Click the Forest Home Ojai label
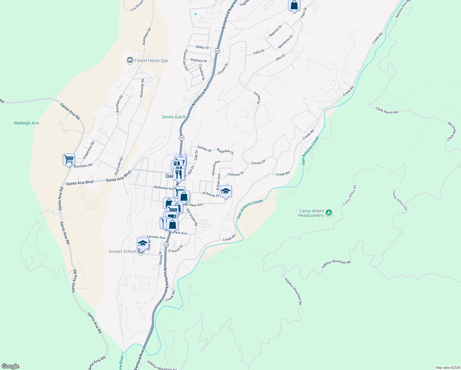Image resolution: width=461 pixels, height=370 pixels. click(151, 60)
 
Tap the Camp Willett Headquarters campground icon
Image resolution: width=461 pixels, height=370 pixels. click(329, 212)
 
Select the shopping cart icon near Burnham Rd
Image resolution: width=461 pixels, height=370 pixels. click(69, 159)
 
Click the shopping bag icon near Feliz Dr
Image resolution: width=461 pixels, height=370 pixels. click(294, 5)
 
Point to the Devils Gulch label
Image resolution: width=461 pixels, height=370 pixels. click(174, 117)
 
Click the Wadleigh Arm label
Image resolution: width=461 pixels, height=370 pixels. click(27, 123)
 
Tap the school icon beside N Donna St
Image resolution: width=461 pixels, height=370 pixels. click(226, 191)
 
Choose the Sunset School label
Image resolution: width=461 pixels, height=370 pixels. click(122, 251)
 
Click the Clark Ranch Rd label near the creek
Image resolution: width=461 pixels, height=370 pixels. click(387, 110)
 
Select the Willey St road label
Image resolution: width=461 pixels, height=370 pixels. click(202, 47)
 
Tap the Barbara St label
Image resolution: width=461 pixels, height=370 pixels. click(199, 60)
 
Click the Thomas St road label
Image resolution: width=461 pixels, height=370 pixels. click(235, 174)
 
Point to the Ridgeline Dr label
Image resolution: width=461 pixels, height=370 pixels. click(225, 151)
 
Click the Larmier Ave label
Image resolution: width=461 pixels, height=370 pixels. click(156, 237)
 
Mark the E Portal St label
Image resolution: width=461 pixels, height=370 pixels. click(176, 249)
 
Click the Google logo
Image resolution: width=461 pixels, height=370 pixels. click(10, 366)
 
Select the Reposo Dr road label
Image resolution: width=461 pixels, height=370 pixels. click(275, 31)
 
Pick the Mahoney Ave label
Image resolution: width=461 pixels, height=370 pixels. click(164, 187)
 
